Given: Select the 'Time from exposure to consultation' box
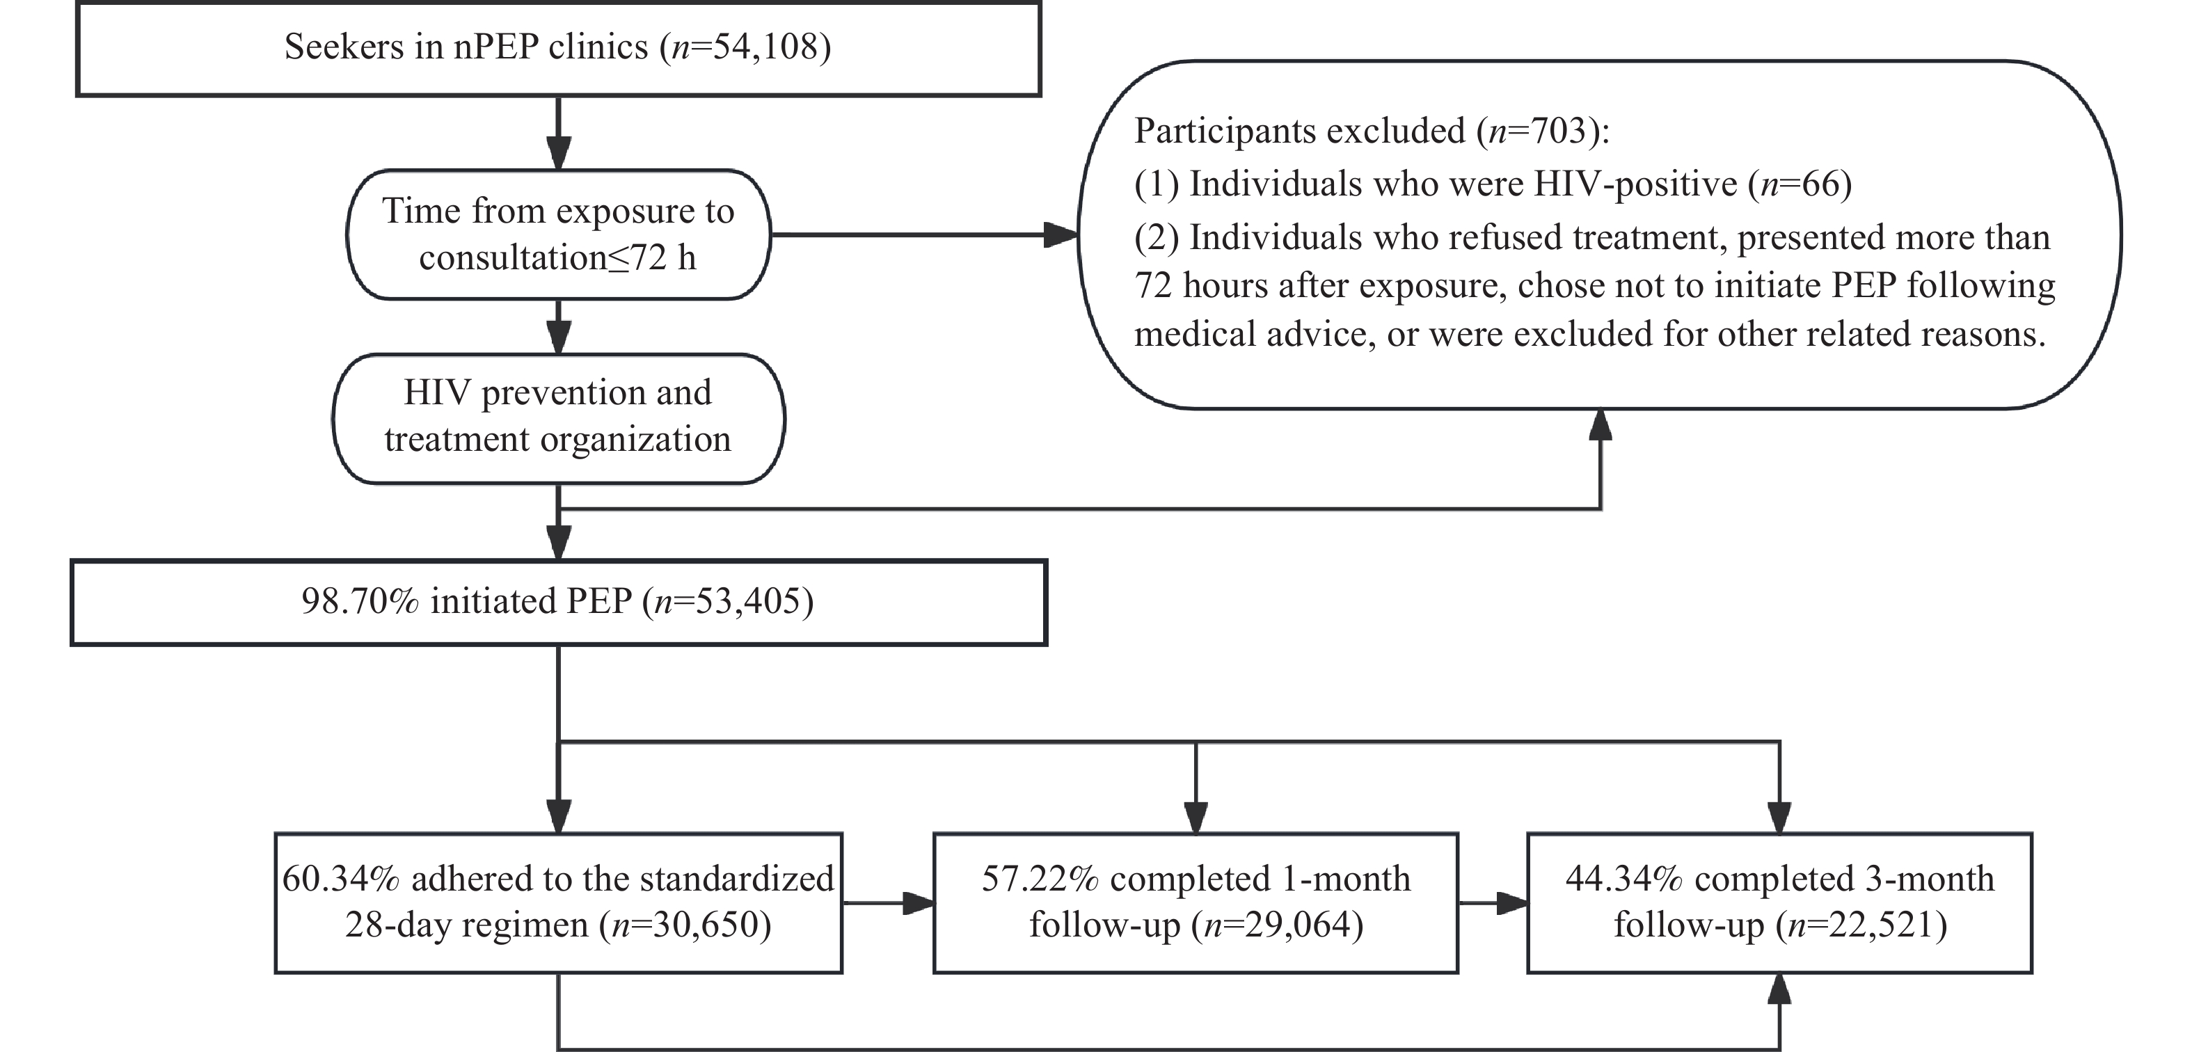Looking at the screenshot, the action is click(x=558, y=234).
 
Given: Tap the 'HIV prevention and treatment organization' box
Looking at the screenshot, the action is click(x=558, y=419).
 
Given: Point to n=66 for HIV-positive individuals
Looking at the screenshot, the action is click(x=1799, y=184).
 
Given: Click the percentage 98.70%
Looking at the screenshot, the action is click(x=360, y=601).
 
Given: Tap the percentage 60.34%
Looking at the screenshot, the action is click(x=340, y=878).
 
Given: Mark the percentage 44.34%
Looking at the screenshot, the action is click(x=1623, y=878).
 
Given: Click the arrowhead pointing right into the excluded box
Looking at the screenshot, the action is click(x=1061, y=235).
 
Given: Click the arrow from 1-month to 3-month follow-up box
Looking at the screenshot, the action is click(x=1493, y=903).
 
